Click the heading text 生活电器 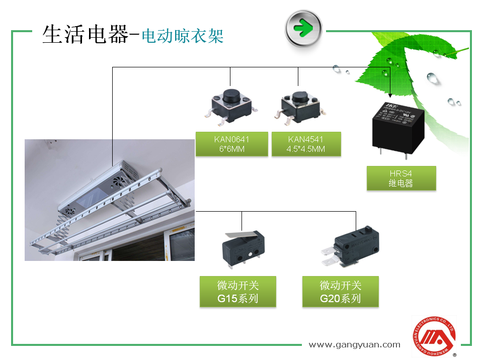[x=86, y=35]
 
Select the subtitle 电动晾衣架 [x=183, y=36]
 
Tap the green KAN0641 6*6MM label [x=231, y=144]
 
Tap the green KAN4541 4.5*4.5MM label [x=306, y=144]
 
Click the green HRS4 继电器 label [x=401, y=178]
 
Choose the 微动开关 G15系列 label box [x=238, y=292]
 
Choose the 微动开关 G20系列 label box [x=341, y=292]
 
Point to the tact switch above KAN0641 [x=231, y=107]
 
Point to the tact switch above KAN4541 [x=298, y=107]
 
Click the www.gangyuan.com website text [x=354, y=344]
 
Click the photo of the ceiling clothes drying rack [x=110, y=200]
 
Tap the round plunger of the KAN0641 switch [x=231, y=95]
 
